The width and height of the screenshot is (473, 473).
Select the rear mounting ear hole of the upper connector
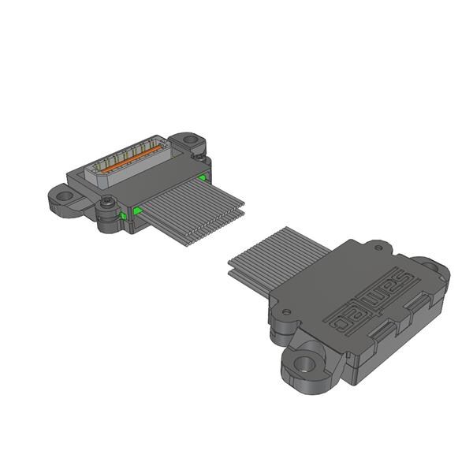190,141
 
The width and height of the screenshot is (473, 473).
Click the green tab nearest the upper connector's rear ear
203,177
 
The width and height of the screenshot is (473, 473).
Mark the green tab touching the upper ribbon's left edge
139,210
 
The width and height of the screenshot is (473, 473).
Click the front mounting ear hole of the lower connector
303,365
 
